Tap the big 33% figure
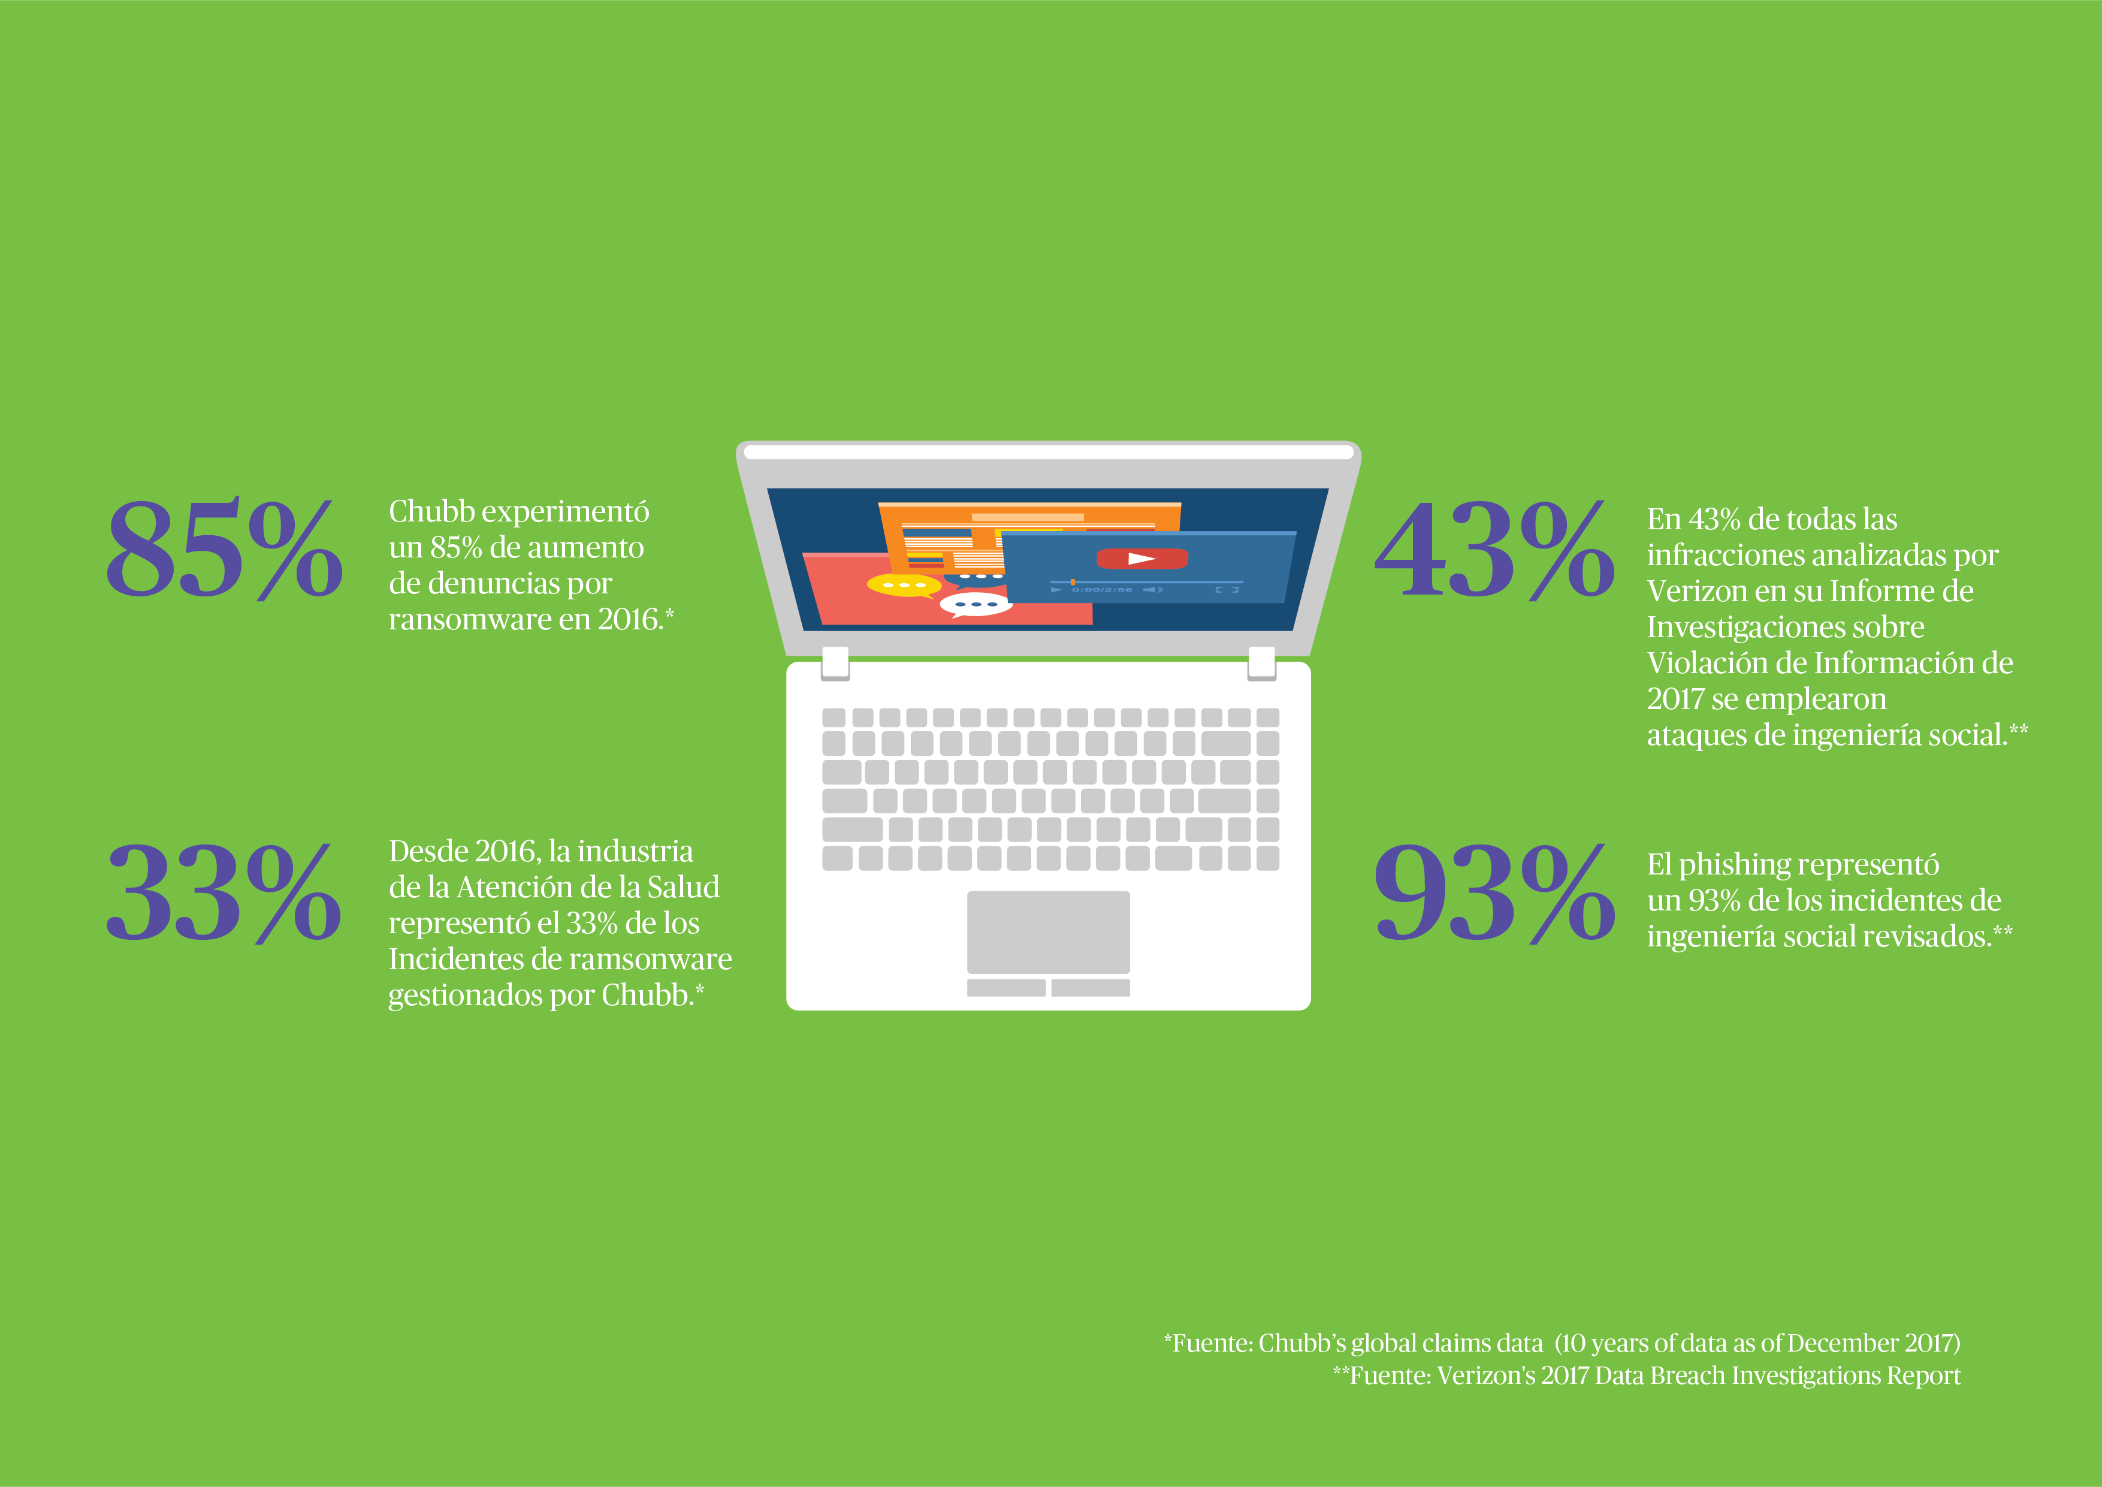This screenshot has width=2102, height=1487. pos(224,893)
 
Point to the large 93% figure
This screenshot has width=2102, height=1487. pos(1493,893)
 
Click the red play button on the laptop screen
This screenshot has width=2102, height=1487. pos(1141,559)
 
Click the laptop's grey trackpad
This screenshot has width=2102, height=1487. pos(1048,932)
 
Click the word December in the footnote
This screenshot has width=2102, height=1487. pos(1842,1343)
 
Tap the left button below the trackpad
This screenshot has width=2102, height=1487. pos(1006,988)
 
